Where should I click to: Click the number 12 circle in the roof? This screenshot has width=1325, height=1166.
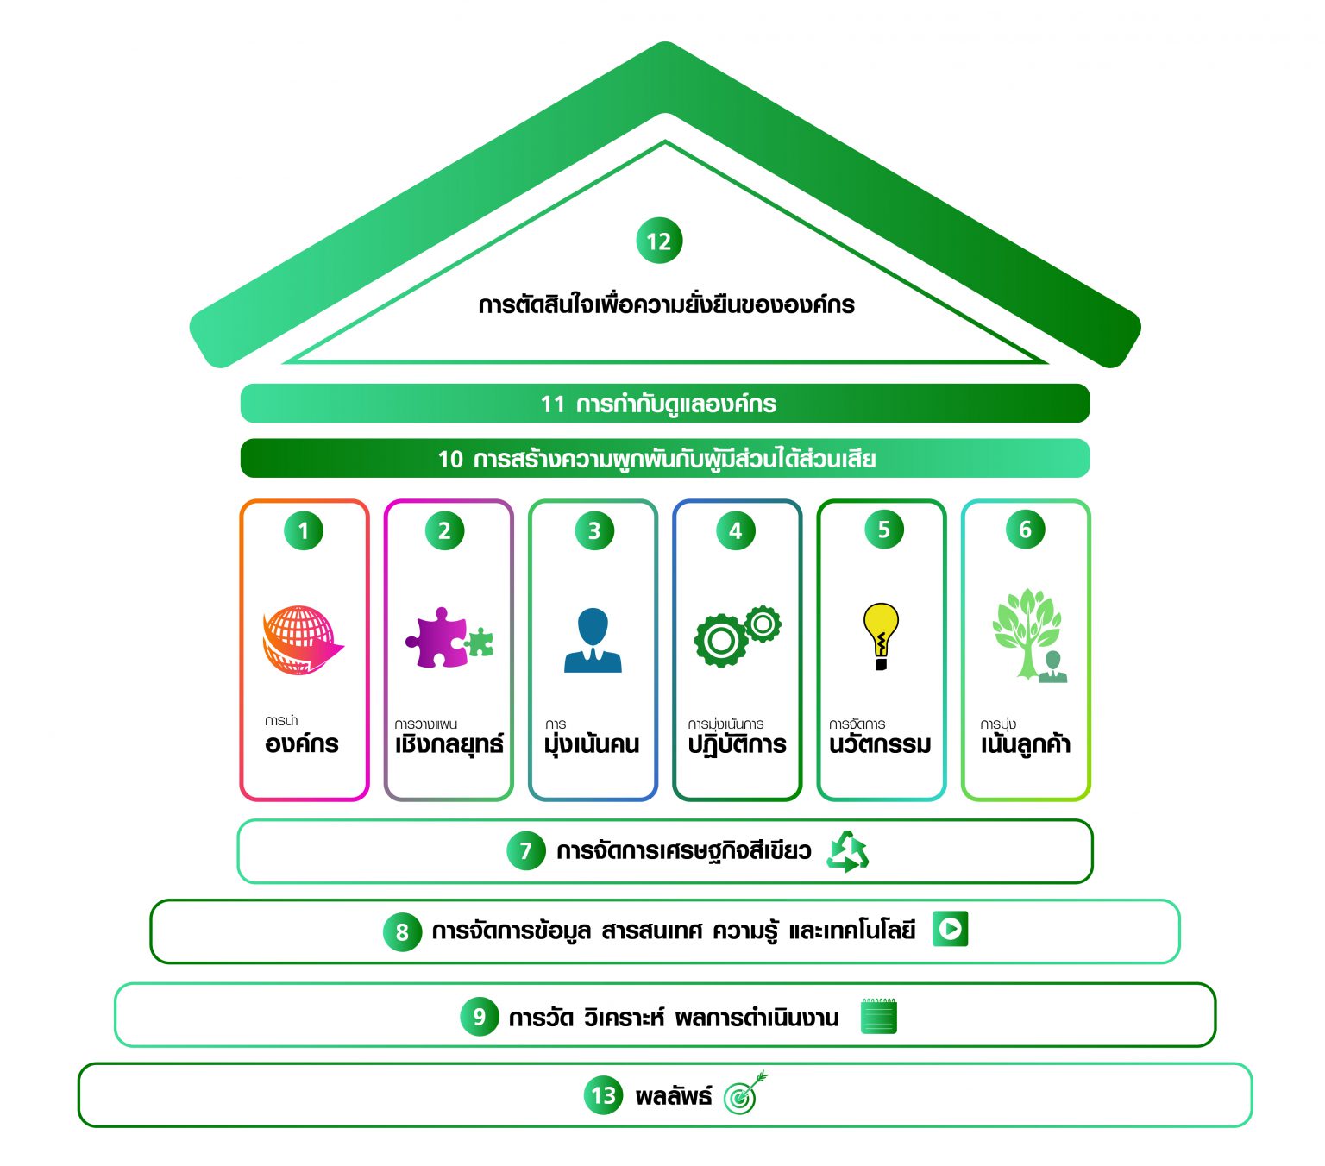coord(659,241)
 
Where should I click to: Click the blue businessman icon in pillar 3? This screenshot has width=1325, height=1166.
coord(593,640)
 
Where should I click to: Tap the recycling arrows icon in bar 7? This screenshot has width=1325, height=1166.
coord(847,852)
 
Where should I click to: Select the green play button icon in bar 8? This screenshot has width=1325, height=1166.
coord(950,929)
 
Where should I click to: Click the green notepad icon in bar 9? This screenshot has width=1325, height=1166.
coord(879,1016)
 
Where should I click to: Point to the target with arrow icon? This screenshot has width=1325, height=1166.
coord(744,1094)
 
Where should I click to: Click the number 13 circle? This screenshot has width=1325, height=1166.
coord(604,1096)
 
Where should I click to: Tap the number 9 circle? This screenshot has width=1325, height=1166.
coord(480,1017)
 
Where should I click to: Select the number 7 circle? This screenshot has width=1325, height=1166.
coord(525,851)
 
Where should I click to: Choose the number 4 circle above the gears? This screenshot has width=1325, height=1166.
coord(736,531)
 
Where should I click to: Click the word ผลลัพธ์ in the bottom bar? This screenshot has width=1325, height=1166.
coord(674,1097)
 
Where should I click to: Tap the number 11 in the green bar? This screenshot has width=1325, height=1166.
coord(552,404)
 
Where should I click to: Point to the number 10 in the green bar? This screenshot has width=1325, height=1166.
coord(450,459)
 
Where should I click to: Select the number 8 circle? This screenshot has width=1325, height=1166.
coord(402,932)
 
